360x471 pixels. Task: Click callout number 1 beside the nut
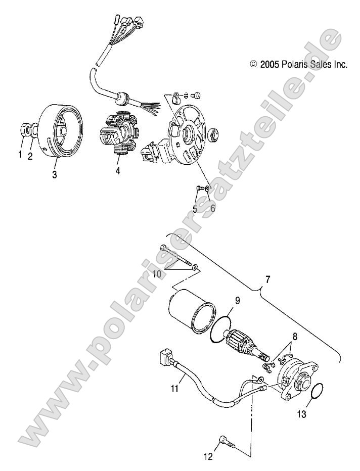21,155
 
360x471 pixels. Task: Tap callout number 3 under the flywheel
55,175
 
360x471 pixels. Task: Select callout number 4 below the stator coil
118,171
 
